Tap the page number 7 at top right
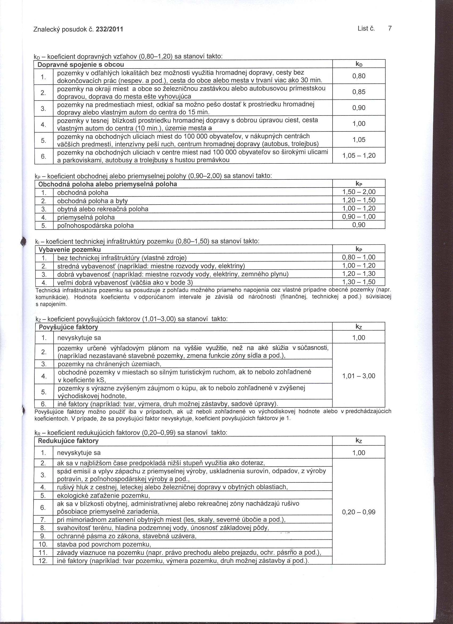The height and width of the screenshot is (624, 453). [390, 28]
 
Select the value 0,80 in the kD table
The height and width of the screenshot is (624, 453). [359, 76]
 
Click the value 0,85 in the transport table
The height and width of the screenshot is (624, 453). [359, 92]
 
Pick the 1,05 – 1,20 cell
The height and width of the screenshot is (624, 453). [359, 156]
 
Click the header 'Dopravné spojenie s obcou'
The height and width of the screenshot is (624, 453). [81, 65]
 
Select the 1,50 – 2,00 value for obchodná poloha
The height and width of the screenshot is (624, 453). [359, 192]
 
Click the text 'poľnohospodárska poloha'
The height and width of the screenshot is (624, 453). [95, 226]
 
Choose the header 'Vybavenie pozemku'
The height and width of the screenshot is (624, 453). [70, 250]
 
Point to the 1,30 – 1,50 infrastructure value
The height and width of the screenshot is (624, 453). [359, 282]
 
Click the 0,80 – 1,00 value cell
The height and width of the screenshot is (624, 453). [359, 258]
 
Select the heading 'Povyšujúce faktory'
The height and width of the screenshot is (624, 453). [68, 327]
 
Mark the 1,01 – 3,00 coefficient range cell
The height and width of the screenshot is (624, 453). [359, 376]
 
